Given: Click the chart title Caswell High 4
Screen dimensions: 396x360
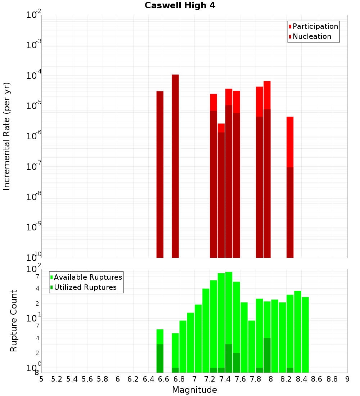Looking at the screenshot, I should pyautogui.click(x=180, y=6).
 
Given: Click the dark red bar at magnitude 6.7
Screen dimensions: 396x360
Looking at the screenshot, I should pyautogui.click(x=175, y=166).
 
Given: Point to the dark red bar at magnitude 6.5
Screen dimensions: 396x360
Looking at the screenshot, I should pyautogui.click(x=160, y=174).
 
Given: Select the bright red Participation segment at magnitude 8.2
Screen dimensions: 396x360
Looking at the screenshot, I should pyautogui.click(x=290, y=141).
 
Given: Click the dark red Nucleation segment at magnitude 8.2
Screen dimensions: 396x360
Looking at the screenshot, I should pyautogui.click(x=290, y=212).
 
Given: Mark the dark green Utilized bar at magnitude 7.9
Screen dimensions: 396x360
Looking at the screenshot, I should pyautogui.click(x=267, y=355).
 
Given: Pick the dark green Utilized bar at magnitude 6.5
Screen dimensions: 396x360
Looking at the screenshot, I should pyautogui.click(x=160, y=358).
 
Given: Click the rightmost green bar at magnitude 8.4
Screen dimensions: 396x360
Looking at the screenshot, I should pyautogui.click(x=305, y=335).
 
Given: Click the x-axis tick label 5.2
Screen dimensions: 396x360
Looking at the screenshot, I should pyautogui.click(x=57, y=379).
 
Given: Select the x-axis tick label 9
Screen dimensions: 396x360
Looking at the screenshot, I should pyautogui.click(x=347, y=379).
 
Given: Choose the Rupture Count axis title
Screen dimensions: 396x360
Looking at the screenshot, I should pyautogui.click(x=14, y=320).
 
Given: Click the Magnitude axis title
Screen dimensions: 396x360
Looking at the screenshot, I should pyautogui.click(x=194, y=390).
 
